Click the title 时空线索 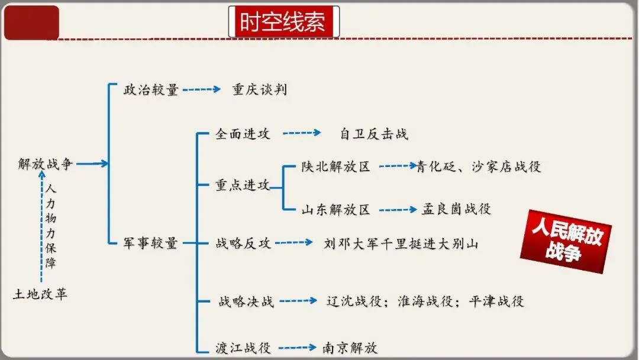[283, 22]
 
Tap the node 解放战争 [46, 164]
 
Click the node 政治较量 [151, 90]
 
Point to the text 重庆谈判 [260, 90]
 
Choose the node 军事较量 [150, 243]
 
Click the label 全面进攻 [243, 134]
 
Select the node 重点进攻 [243, 185]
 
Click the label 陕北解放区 [335, 167]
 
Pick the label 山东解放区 [335, 210]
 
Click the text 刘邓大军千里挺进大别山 [401, 243]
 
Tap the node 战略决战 [246, 301]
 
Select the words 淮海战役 [425, 301]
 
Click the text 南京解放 [350, 348]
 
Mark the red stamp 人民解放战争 [566, 242]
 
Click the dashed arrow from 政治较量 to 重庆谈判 [202, 90]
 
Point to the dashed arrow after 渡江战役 [297, 348]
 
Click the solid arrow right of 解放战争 [92, 164]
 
